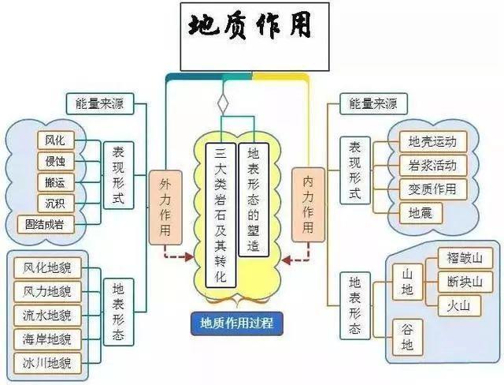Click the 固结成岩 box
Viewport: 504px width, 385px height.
click(x=50, y=225)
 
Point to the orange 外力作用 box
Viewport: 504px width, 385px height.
click(x=165, y=206)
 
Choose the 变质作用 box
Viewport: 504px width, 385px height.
click(x=432, y=189)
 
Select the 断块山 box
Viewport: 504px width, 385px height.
click(x=469, y=282)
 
